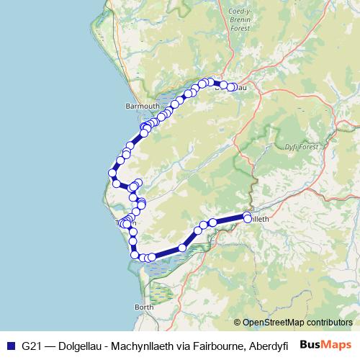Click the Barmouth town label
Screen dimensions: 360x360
click(140, 106)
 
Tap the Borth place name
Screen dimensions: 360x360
click(144, 307)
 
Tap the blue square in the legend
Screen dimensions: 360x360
click(10, 345)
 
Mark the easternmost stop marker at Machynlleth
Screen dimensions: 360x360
click(248, 217)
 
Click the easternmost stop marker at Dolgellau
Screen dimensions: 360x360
click(232, 87)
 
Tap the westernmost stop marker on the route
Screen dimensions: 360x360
click(112, 173)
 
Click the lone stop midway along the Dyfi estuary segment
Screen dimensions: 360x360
click(183, 247)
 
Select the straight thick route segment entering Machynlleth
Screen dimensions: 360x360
click(229, 219)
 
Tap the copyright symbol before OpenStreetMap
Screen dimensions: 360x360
click(238, 323)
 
